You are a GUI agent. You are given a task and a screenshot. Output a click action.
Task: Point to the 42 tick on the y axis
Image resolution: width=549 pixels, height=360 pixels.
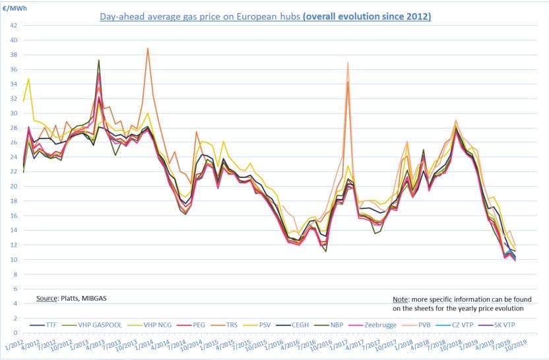tap(13, 25)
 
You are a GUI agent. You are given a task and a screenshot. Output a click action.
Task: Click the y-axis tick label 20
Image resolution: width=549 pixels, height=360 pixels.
tap(13, 186)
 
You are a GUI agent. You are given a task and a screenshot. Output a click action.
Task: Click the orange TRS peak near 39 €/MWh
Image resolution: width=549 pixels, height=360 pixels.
tap(147, 48)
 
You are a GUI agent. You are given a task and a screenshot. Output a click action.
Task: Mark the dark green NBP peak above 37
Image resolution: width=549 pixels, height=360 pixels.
tap(98, 60)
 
